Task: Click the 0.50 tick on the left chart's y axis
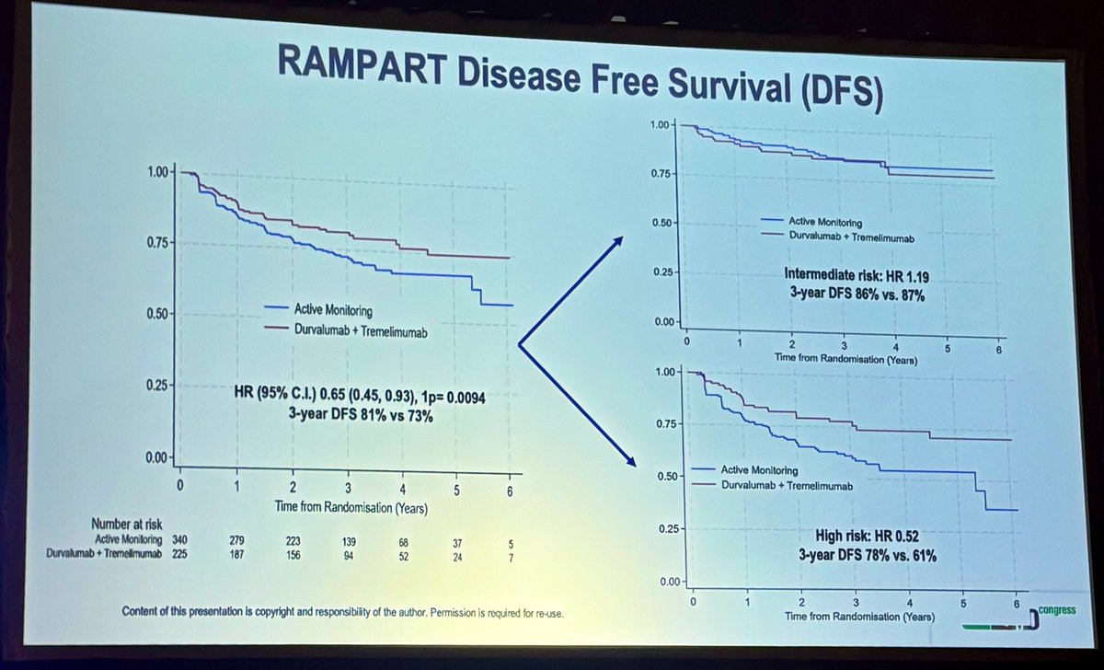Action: coord(158,314)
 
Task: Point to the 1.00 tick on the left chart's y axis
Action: coord(158,172)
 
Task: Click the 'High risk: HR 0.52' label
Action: coord(867,535)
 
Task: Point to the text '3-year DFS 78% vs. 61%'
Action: coord(867,555)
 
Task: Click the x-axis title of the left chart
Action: coord(350,506)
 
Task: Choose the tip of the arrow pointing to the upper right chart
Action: coord(623,237)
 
